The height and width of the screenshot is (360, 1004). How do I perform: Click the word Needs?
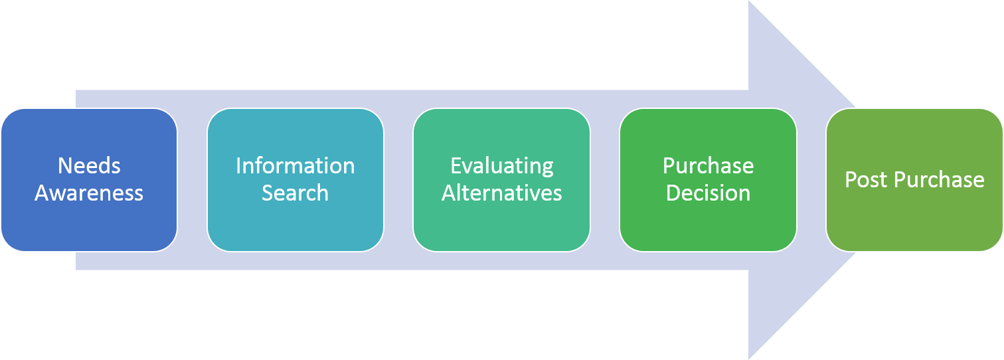89,166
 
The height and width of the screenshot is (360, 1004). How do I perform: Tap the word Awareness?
89,193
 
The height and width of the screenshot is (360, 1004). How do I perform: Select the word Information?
295,166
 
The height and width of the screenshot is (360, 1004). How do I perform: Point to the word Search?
295,193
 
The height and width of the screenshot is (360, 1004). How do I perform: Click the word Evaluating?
502,167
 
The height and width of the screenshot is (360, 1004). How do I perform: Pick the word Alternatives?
501,193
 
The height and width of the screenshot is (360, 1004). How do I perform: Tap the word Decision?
708,193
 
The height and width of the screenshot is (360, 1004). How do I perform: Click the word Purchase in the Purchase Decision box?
708,166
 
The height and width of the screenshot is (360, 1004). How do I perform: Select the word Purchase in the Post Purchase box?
939,180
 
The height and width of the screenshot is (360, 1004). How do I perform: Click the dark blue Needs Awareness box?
89,180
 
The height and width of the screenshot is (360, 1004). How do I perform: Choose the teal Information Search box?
295,180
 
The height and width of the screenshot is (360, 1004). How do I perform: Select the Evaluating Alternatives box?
501,180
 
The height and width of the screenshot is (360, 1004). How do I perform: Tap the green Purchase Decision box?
708,180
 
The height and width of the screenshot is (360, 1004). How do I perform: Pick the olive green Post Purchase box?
914,180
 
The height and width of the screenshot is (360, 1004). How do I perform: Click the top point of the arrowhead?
749,1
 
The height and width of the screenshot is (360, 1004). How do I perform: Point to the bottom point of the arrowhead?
749,359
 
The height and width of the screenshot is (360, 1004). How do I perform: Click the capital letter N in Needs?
65,166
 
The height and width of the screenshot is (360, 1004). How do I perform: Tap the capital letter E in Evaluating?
456,166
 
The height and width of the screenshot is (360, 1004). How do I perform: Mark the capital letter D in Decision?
674,193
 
